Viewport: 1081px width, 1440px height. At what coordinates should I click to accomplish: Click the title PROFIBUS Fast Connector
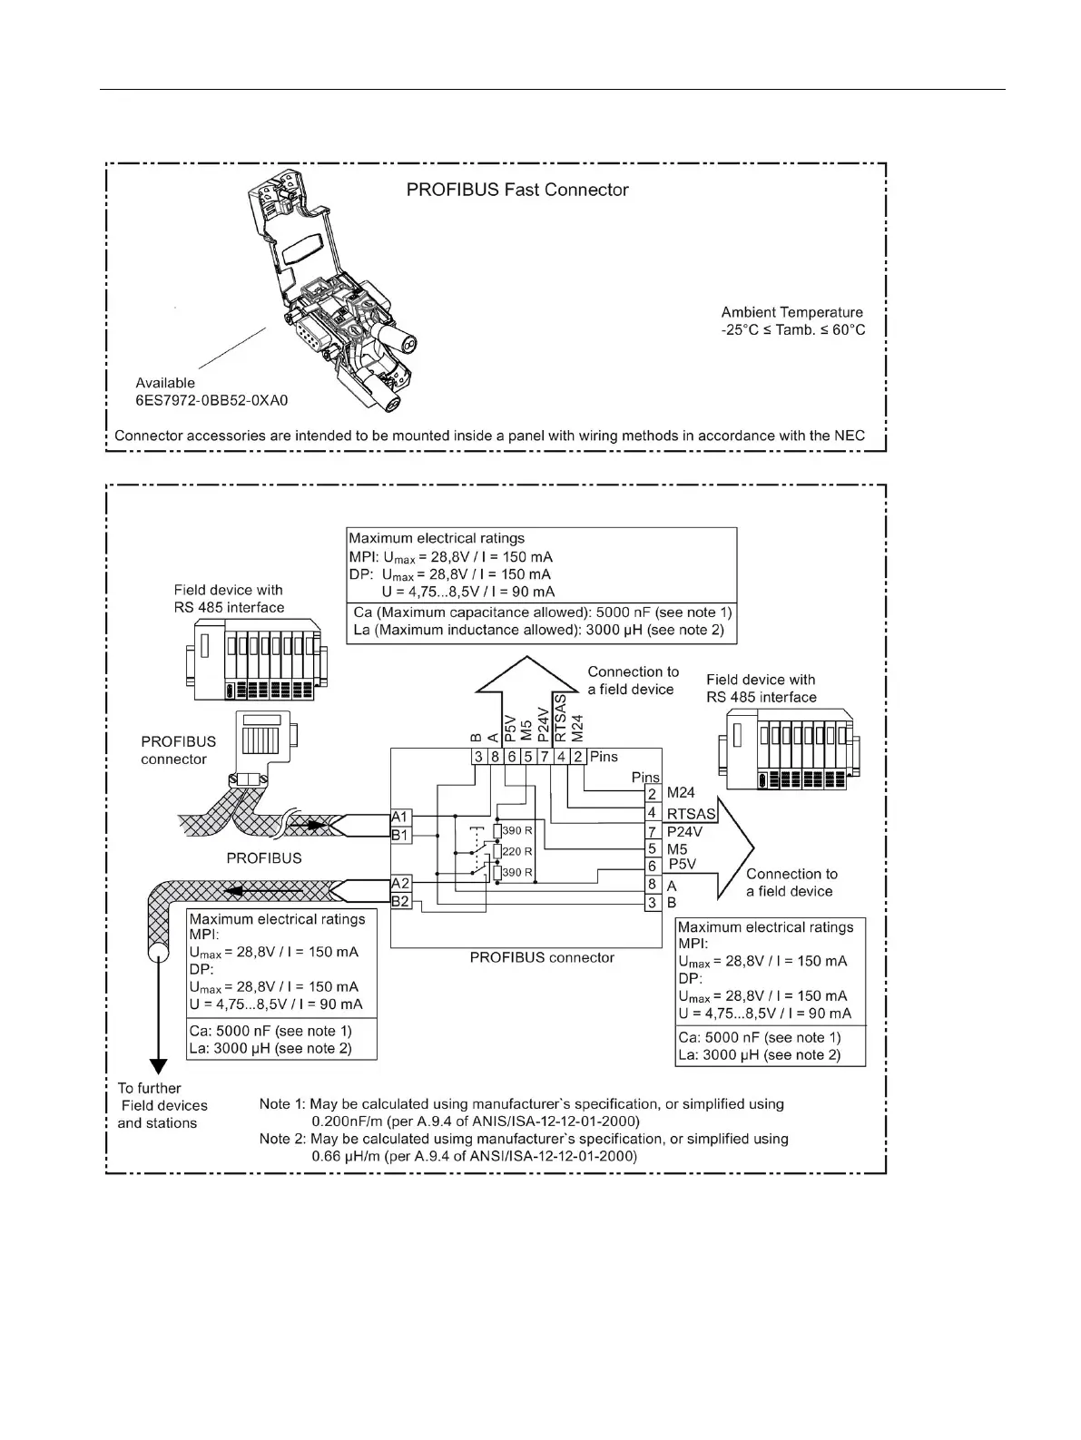(x=516, y=191)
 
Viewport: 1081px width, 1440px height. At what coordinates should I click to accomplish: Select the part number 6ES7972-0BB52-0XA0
(x=211, y=400)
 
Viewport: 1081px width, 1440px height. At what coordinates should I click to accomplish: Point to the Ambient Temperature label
(x=792, y=313)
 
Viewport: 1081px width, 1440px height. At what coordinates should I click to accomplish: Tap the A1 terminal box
(x=400, y=817)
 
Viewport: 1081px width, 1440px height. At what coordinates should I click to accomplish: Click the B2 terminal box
(x=400, y=901)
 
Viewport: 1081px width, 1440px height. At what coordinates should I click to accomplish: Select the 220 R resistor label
(x=516, y=852)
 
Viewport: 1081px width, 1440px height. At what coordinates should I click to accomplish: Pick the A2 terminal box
(x=400, y=883)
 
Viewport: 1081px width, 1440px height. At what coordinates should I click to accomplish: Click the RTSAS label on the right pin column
(x=692, y=814)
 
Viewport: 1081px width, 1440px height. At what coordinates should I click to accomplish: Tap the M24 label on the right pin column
(x=681, y=794)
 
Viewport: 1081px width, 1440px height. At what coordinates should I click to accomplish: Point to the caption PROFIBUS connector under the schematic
(x=542, y=958)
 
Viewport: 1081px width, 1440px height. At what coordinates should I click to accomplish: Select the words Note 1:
(x=282, y=1104)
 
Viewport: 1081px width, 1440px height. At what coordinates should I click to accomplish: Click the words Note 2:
(x=282, y=1139)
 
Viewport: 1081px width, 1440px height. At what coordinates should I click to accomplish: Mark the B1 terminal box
(x=400, y=835)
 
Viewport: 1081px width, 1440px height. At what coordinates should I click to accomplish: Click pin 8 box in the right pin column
(x=652, y=885)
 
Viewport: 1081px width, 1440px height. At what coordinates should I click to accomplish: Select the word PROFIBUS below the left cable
(x=263, y=858)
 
